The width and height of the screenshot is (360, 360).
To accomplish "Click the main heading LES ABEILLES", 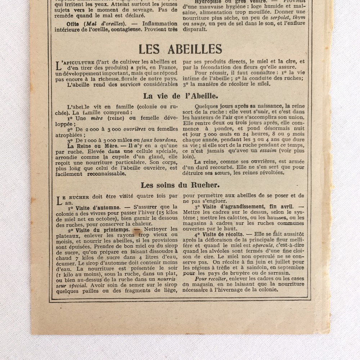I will pyautogui.click(x=180, y=49).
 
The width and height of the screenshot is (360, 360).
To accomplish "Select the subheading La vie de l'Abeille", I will pyautogui.click(x=180, y=96).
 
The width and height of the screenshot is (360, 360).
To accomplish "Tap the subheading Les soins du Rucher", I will pyautogui.click(x=180, y=185).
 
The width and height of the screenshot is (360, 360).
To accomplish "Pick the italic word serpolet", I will pyautogui.click(x=279, y=18).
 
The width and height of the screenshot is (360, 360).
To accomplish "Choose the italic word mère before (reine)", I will pyautogui.click(x=97, y=118).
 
